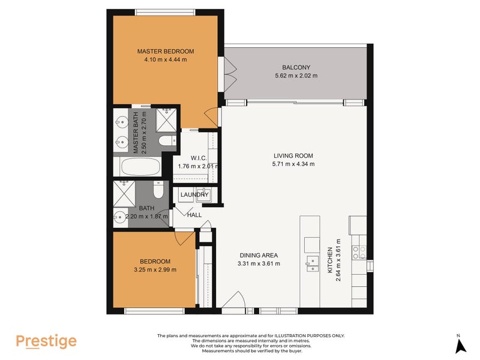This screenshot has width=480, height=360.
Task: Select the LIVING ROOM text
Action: click(293, 155)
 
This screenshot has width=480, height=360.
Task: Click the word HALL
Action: click(194, 214)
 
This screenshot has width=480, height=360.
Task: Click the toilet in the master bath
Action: click(166, 142)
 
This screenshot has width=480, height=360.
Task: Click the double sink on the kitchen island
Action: click(312, 264)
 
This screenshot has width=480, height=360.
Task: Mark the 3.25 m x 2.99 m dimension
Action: click(155, 270)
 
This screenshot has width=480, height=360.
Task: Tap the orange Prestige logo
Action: click(46, 341)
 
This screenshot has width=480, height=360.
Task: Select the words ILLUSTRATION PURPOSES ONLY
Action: click(311, 335)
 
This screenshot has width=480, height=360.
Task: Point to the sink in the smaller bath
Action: click(120, 217)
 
